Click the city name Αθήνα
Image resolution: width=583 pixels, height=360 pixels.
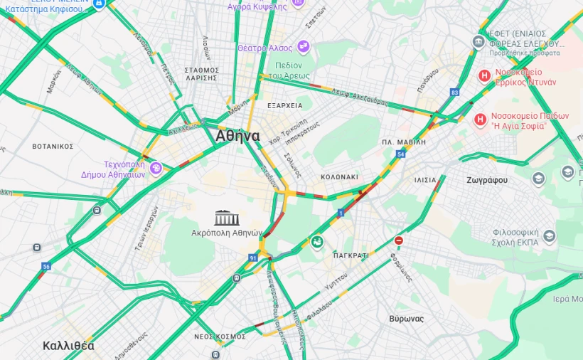[237, 136]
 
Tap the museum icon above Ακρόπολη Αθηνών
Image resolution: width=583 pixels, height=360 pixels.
[227, 218]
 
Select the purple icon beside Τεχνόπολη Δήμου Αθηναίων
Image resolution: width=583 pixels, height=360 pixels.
[156, 168]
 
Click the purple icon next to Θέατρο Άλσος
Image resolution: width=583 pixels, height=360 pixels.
[304, 47]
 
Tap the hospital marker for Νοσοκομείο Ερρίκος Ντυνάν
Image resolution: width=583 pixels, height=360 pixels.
[484, 75]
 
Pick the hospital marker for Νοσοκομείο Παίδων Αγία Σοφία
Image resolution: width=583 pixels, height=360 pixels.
[481, 119]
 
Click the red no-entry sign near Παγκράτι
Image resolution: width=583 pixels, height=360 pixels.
[399, 240]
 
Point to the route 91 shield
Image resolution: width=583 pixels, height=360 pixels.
[253, 258]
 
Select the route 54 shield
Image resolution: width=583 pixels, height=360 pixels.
[401, 154]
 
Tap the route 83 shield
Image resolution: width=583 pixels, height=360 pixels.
[455, 92]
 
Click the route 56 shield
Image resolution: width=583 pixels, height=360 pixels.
[46, 266]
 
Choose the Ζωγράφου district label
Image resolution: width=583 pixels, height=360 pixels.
[487, 180]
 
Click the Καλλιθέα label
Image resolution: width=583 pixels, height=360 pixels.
[68, 346]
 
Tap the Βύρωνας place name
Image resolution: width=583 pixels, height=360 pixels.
[407, 319]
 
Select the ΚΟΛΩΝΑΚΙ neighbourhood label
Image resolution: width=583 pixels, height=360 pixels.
[339, 176]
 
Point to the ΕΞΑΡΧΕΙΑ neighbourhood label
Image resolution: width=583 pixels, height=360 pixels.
[284, 105]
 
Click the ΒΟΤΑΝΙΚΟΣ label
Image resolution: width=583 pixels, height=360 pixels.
[53, 146]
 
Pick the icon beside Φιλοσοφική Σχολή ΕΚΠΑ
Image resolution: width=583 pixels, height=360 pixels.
[549, 236]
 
